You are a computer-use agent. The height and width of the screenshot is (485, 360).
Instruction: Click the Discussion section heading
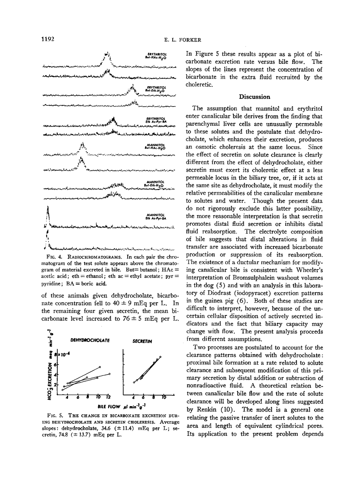[254, 97]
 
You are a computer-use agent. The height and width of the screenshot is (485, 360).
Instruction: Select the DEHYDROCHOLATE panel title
[90, 340]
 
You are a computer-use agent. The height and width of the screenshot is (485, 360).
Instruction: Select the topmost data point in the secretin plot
[160, 357]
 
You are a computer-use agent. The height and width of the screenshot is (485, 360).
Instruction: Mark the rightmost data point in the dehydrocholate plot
[110, 373]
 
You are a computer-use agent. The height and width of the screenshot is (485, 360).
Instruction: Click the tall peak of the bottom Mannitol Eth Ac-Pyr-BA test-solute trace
[47, 212]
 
